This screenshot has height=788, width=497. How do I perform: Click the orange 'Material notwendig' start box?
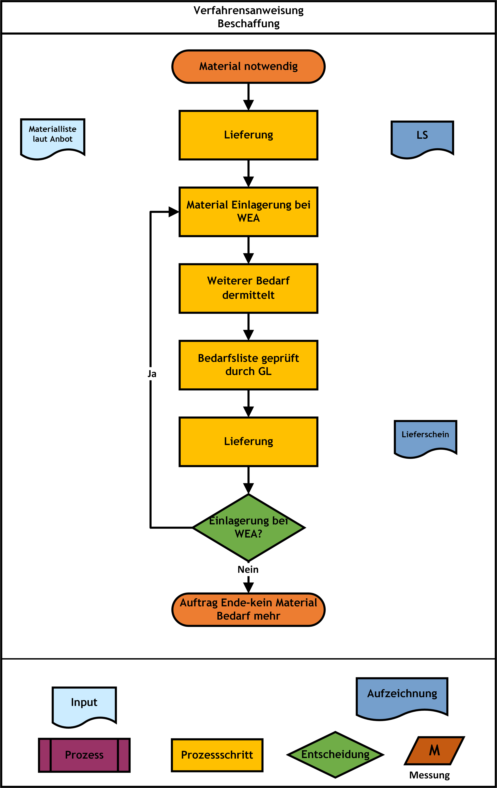[248, 66]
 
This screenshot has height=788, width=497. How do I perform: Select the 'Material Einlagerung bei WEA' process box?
[248, 212]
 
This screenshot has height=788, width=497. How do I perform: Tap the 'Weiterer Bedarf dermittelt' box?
[248, 288]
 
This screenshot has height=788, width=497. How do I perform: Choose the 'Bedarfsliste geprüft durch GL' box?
[248, 365]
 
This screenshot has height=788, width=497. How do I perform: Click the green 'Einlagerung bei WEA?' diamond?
[248, 528]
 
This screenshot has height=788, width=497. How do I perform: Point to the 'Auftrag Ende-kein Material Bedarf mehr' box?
[248, 609]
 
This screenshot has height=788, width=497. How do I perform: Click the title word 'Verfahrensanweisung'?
[248, 11]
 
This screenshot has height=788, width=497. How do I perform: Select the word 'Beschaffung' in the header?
[248, 24]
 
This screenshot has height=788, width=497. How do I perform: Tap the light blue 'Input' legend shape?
[84, 707]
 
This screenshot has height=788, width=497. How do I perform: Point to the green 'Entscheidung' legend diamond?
[335, 755]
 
